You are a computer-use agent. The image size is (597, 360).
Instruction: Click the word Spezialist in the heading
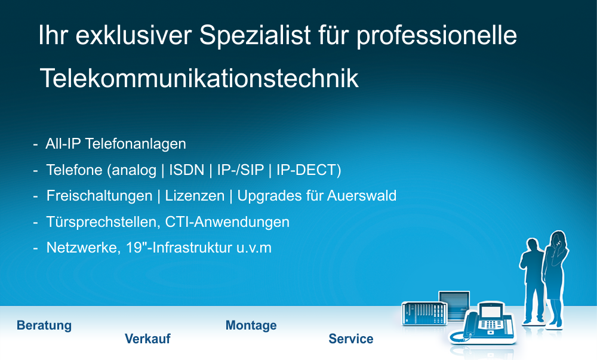point(256,36)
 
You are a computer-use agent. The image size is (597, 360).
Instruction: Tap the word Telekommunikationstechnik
point(199,79)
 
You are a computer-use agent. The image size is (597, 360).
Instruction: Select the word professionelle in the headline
point(436,36)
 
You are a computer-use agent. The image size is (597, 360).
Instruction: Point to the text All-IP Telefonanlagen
point(116,144)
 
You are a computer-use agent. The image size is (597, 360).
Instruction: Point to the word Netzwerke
point(81,248)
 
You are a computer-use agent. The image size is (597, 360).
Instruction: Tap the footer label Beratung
point(44,325)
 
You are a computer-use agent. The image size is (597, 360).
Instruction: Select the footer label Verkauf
point(147,339)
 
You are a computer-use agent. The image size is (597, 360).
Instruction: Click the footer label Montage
point(251,325)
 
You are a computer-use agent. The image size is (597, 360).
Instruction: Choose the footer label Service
point(351,339)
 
